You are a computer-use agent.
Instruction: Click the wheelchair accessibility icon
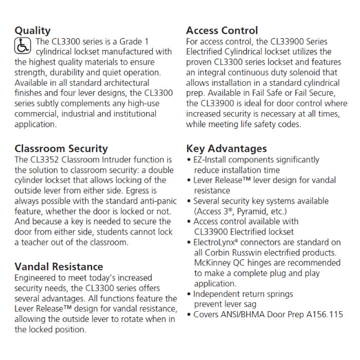coord(23,46)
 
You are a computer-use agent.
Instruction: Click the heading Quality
coord(32,30)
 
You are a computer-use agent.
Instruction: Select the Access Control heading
coord(222,30)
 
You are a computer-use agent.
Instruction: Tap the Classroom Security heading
coord(61,149)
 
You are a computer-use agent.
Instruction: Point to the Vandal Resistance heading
coord(59,266)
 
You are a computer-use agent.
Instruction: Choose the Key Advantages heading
coord(226,149)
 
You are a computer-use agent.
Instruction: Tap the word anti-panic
coord(153,201)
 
